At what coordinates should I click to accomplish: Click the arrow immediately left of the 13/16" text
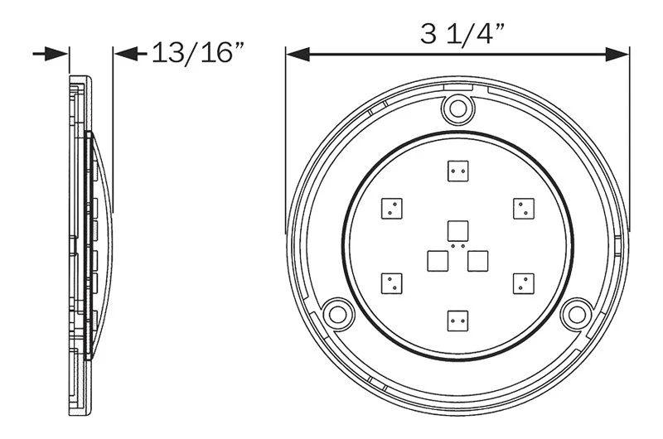(x=125, y=54)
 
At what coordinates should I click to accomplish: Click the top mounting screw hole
(x=457, y=107)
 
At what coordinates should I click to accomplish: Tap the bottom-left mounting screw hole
(x=336, y=313)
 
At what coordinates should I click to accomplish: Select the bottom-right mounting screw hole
(x=574, y=312)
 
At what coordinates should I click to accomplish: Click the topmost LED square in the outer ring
(x=456, y=171)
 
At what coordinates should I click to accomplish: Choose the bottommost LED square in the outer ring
(x=456, y=319)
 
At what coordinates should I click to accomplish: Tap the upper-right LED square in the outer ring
(x=521, y=208)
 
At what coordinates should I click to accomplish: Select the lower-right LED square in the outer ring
(x=521, y=282)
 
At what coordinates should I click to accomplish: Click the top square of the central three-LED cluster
(x=456, y=229)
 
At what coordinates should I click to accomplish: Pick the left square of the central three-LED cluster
(x=436, y=260)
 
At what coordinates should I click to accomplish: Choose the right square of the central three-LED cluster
(x=477, y=260)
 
